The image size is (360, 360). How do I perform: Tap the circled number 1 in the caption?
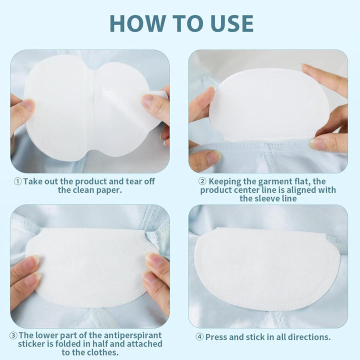pyautogui.click(x=17, y=181)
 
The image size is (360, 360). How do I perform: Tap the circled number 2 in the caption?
pyautogui.click(x=202, y=181)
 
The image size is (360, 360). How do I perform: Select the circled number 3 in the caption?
pyautogui.click(x=14, y=335)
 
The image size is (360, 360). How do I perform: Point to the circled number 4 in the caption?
pyautogui.click(x=199, y=337)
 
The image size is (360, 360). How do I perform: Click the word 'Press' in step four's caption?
pyautogui.click(x=217, y=337)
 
